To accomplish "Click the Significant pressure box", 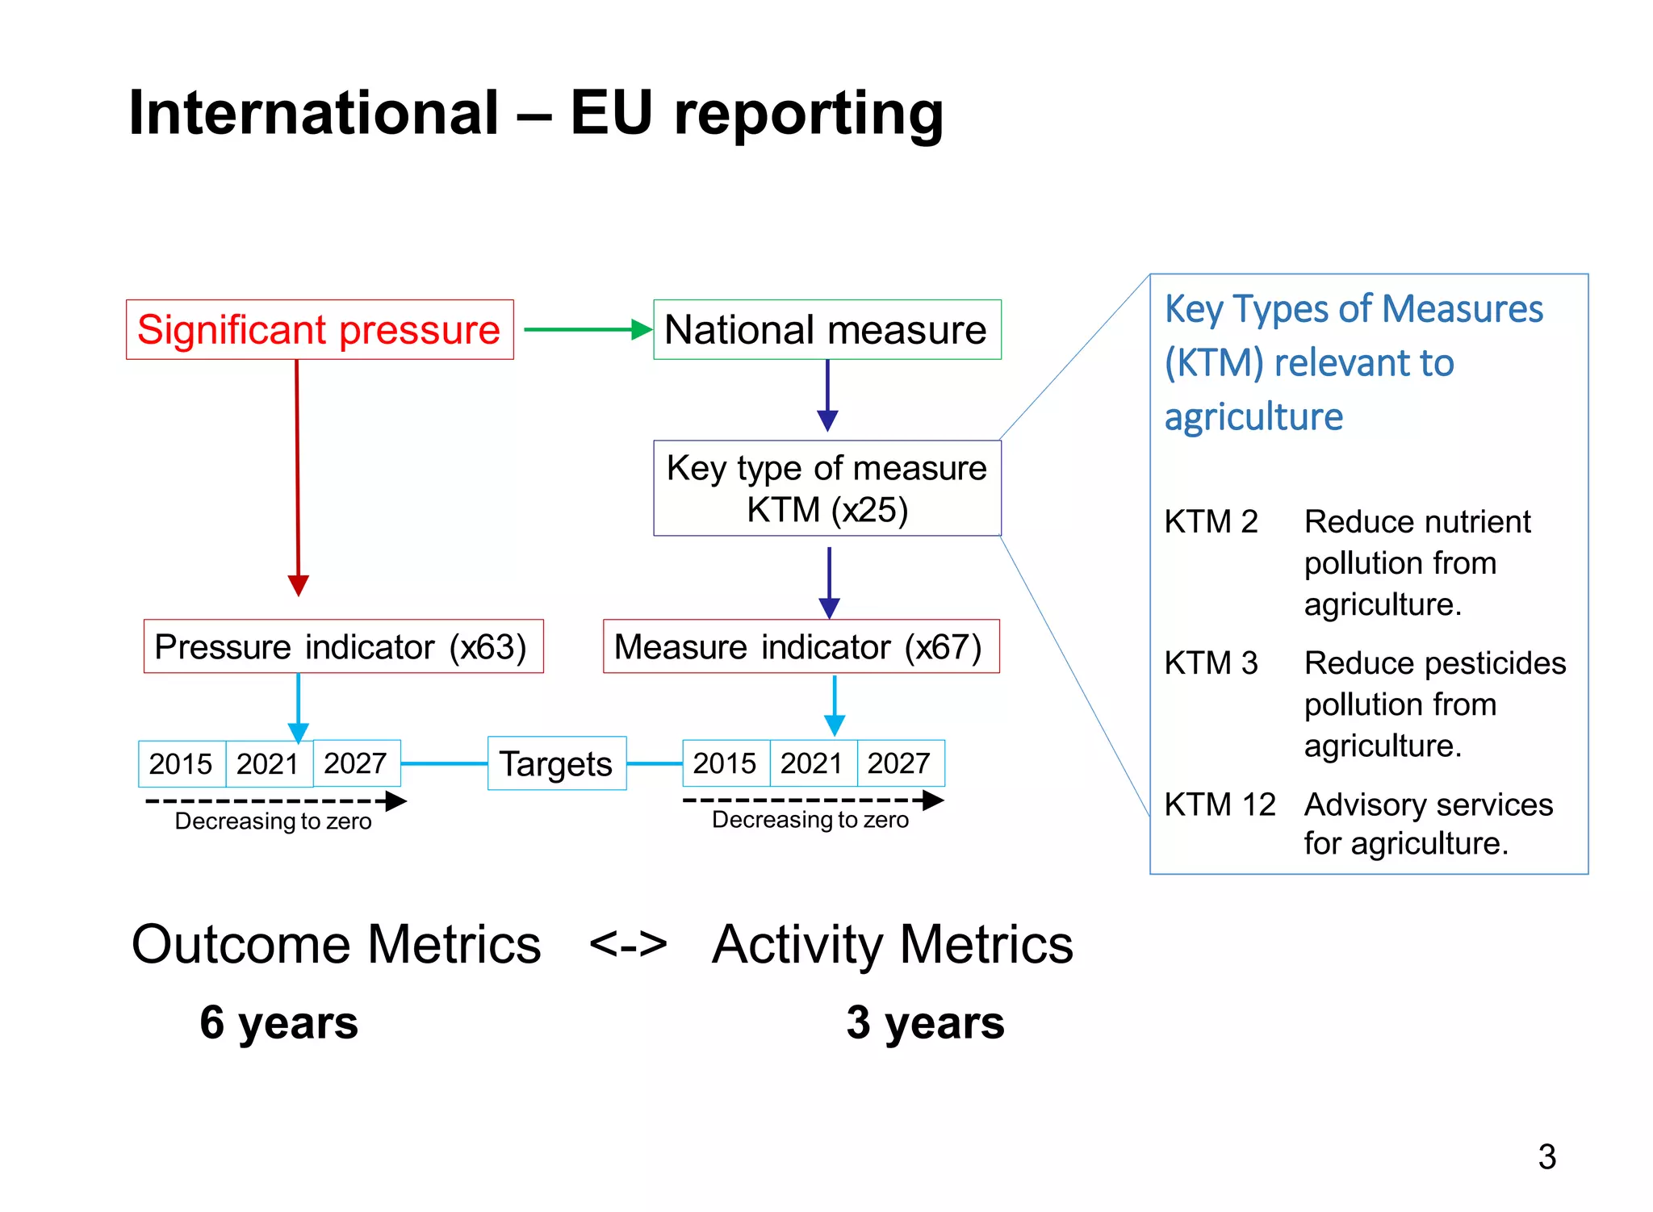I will [x=320, y=330].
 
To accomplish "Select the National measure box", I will [x=826, y=330].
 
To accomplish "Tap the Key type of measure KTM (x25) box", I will [x=826, y=488].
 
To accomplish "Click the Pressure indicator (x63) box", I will [x=343, y=646].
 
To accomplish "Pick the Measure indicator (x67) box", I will [x=801, y=646].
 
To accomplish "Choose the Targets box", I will [x=557, y=763].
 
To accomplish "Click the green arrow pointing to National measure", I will [x=588, y=329].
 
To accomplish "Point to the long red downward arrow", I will [x=298, y=476].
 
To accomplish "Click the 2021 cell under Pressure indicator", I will [x=269, y=763].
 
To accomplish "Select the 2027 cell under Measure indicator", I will [x=899, y=763].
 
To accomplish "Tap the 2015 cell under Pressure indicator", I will [x=181, y=763].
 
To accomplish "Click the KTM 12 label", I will [x=1220, y=805].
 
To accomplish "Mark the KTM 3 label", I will [x=1211, y=663].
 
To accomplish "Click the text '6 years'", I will [x=279, y=1022].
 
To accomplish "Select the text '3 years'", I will [x=925, y=1022].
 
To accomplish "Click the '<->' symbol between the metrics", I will [x=629, y=943].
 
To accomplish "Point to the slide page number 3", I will [x=1546, y=1156].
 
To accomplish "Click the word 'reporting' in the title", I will [x=809, y=114].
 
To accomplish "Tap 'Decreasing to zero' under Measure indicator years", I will [x=810, y=820].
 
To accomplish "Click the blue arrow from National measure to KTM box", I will [x=827, y=395].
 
